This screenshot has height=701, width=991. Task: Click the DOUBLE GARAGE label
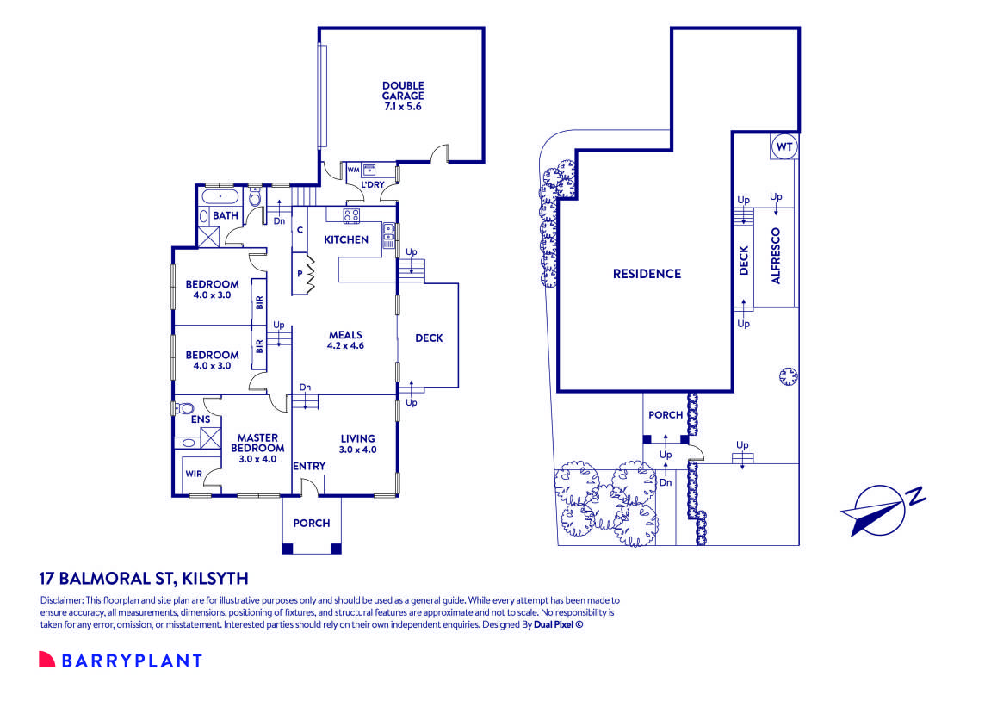pos(403,96)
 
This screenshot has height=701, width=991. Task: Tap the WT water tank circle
pos(784,147)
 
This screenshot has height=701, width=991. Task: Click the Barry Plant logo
pos(121,661)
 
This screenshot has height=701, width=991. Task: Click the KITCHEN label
pos(346,239)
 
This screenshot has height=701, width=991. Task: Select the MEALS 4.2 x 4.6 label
pos(345,340)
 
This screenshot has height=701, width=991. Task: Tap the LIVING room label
pos(357,443)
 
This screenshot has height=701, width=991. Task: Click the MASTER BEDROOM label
pos(257,443)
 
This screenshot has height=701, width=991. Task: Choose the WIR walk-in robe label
pos(194,474)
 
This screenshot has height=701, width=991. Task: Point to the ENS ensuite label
pos(201,419)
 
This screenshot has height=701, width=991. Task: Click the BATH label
pos(226,215)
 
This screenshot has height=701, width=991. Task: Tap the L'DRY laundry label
pos(372,184)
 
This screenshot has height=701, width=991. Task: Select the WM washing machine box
pos(352,169)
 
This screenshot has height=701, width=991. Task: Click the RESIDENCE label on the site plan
pos(647,274)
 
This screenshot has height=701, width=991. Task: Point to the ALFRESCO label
pos(776,256)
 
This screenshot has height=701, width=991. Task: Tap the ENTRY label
pos(309,466)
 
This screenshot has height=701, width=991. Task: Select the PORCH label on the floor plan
pos(312,523)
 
